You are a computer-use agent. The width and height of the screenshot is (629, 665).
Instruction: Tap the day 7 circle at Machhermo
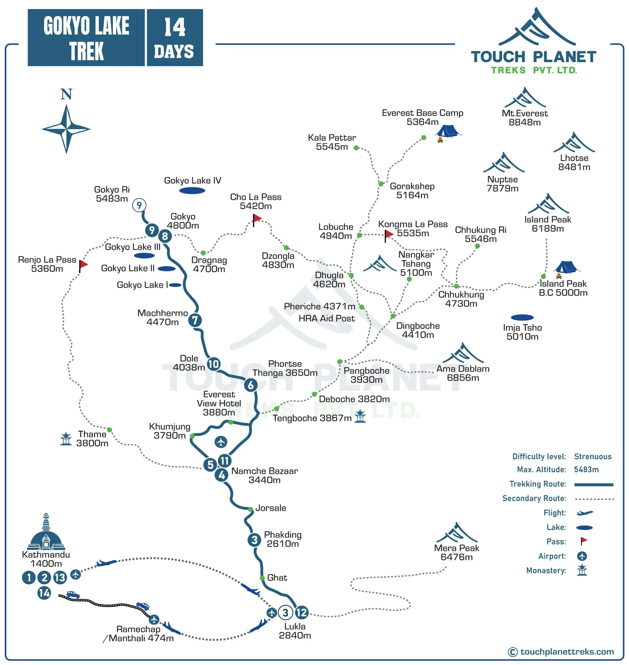(x=195, y=320)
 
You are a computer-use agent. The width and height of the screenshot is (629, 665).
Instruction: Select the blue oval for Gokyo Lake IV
(x=192, y=191)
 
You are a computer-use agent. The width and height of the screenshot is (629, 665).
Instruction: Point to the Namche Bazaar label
(x=265, y=475)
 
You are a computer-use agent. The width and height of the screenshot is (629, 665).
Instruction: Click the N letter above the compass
(x=66, y=94)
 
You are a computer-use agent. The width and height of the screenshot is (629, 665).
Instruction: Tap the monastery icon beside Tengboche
(x=360, y=416)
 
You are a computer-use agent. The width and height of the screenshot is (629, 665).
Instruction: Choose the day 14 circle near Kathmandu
(x=44, y=593)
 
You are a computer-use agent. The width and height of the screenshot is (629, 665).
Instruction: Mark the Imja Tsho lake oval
(x=522, y=317)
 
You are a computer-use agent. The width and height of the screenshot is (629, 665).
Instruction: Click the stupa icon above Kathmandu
(x=46, y=533)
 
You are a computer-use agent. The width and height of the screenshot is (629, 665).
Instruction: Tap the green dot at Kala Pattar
(x=356, y=148)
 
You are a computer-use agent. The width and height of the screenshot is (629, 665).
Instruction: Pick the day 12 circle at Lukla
(x=301, y=612)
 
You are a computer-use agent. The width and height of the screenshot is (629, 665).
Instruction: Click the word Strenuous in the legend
(x=593, y=457)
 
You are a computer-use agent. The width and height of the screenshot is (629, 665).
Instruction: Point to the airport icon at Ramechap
(x=154, y=620)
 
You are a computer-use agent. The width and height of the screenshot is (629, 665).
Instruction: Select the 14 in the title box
(x=175, y=27)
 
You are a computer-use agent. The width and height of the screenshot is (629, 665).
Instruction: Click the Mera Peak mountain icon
(x=457, y=533)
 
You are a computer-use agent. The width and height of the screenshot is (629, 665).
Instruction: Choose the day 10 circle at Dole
(x=214, y=364)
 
